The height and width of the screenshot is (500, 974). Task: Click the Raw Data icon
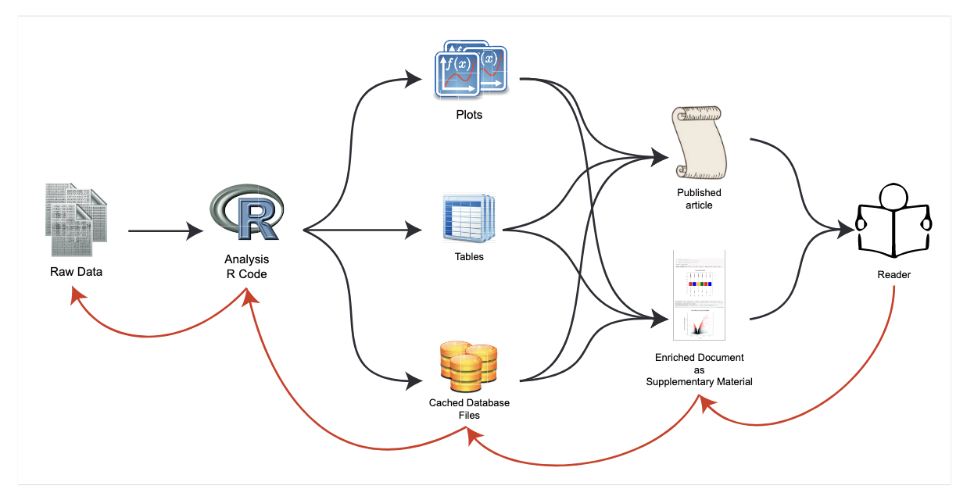click(76, 220)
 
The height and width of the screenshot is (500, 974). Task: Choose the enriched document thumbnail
click(698, 295)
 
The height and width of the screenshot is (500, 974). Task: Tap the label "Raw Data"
click(77, 272)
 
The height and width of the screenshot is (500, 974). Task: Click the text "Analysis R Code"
click(246, 266)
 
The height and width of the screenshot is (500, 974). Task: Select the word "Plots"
click(469, 115)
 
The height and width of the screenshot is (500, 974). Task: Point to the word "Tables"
click(469, 256)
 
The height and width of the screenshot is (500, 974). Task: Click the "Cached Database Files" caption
click(469, 409)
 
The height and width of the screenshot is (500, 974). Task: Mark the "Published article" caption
click(699, 198)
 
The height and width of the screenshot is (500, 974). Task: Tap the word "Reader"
click(893, 275)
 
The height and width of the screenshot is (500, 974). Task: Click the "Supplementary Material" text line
click(699, 382)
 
